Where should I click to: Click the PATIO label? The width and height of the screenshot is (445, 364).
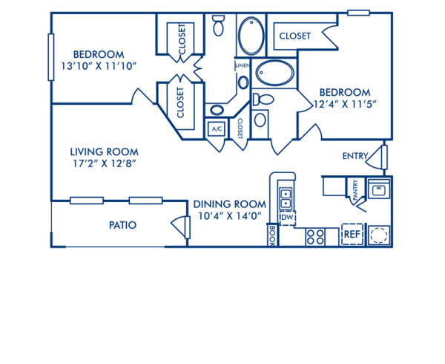(x=122, y=224)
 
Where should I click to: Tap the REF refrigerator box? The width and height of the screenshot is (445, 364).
(x=351, y=235)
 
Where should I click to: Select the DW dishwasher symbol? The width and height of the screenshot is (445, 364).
(x=286, y=218)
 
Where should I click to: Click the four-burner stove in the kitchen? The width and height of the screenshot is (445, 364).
(x=315, y=236)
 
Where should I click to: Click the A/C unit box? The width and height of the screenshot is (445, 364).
(x=217, y=129)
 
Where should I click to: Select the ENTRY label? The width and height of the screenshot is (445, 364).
(x=355, y=156)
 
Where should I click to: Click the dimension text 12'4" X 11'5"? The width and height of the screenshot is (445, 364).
(x=348, y=104)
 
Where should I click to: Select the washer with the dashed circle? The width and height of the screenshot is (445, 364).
(x=379, y=235)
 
